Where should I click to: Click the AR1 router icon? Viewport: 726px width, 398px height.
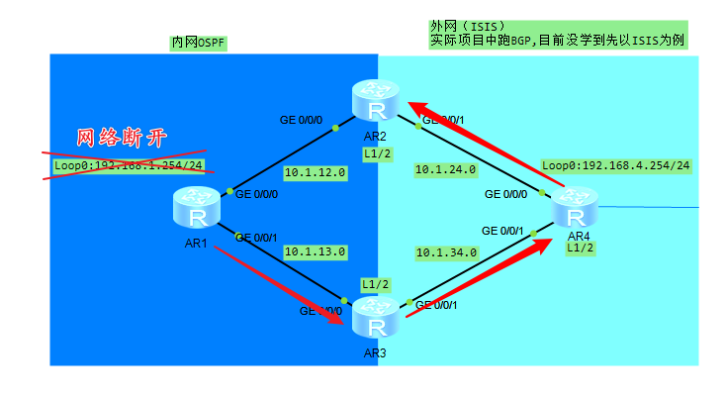click(194, 208)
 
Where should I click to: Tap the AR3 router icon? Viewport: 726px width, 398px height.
click(375, 317)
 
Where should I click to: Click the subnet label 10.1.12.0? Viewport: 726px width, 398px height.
click(315, 172)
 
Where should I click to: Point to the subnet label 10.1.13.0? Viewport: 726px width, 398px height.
click(315, 251)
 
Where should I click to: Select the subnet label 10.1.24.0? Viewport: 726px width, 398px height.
click(446, 170)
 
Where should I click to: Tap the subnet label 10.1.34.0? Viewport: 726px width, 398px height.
click(446, 252)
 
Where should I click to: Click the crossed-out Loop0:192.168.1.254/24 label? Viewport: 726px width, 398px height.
click(129, 165)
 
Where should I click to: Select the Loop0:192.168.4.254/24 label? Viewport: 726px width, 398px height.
click(615, 165)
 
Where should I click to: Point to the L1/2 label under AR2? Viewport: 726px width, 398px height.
click(377, 153)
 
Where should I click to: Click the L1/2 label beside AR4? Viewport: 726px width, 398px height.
click(580, 249)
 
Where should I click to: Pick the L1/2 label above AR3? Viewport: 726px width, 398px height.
click(375, 284)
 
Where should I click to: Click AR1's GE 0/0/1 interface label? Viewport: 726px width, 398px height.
click(256, 237)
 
